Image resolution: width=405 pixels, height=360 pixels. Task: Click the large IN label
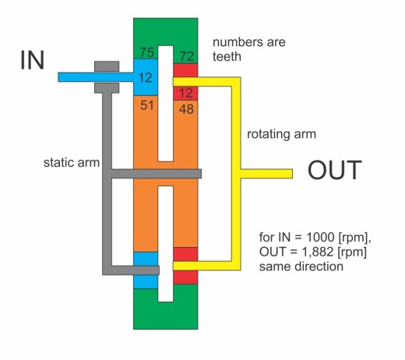point(33,60)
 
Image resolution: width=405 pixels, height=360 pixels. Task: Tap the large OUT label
point(335,170)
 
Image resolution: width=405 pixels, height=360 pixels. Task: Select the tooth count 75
point(147,52)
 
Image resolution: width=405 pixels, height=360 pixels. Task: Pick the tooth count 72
point(187,56)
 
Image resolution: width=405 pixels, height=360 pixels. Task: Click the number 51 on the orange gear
point(147,105)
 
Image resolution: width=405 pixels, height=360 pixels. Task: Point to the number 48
point(186,109)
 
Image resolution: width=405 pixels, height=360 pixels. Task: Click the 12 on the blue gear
point(145,78)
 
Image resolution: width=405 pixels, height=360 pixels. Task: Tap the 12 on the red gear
point(186,93)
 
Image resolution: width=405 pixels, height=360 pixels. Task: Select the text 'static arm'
point(72,163)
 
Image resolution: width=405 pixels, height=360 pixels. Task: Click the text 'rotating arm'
point(281,135)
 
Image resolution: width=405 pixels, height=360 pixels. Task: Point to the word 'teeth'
point(227,56)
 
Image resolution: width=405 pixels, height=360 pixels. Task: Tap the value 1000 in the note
point(320,237)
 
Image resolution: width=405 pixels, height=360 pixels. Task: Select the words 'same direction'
point(301,266)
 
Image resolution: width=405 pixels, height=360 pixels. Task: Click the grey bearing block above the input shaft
point(107,66)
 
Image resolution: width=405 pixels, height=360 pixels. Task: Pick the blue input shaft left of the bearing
point(76,77)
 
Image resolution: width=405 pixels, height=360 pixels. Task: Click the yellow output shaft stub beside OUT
point(266,174)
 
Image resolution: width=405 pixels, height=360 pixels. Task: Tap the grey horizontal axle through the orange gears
point(157,174)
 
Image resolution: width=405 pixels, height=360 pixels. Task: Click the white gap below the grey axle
point(166,244)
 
